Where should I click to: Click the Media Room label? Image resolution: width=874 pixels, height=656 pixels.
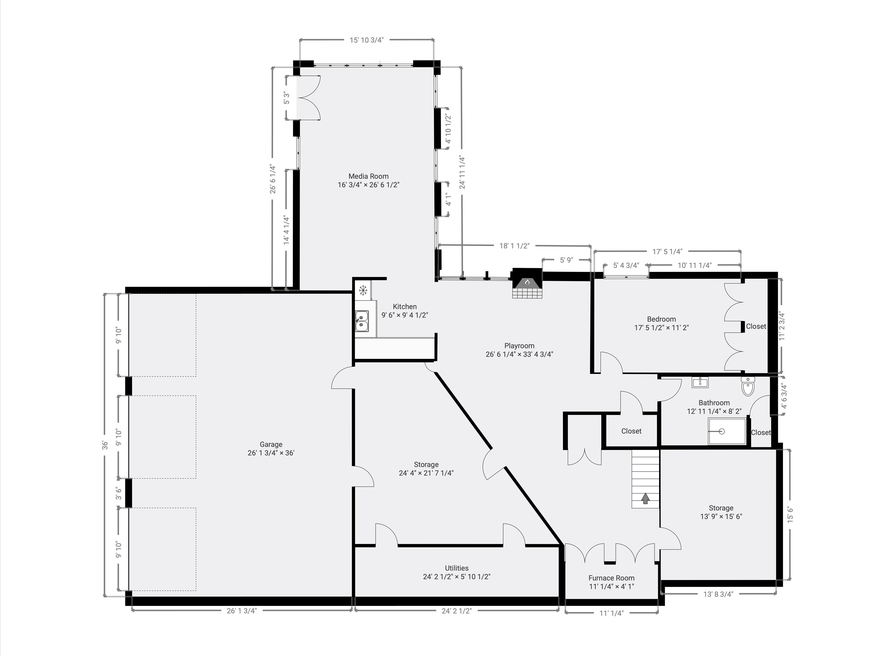tap(368, 176)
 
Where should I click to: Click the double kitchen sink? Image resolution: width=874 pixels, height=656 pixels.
tap(361, 321)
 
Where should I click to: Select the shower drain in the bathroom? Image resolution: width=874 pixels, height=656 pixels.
tap(721, 431)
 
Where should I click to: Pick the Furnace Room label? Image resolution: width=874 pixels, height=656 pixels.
tap(611, 578)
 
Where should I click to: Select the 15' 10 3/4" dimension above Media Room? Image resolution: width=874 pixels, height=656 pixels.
tap(367, 40)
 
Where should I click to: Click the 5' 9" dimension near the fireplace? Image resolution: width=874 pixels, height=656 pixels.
tap(566, 260)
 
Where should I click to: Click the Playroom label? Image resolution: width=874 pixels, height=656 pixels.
tap(519, 346)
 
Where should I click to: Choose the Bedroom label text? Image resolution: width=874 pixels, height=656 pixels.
tap(661, 319)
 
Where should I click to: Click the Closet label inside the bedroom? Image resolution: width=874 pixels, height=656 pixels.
tap(756, 327)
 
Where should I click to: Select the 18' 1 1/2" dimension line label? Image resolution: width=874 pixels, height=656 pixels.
tap(514, 246)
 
